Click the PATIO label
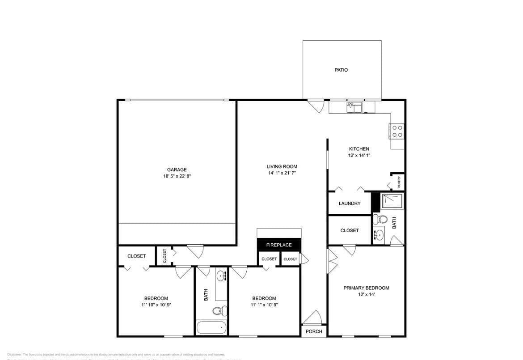point(341,70)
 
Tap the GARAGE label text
point(177,169)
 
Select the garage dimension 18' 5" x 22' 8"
point(177,176)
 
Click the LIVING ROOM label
point(282,166)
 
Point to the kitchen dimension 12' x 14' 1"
point(359,155)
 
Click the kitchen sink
point(354,107)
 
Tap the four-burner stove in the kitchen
point(397,131)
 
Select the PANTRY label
point(399,182)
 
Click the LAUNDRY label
point(350,203)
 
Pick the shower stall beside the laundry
point(392,201)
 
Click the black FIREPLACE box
point(279,245)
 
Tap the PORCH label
point(314,331)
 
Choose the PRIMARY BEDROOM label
point(366,288)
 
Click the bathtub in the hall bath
point(211,328)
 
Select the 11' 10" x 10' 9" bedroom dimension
point(156,305)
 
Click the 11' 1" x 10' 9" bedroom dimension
point(264,305)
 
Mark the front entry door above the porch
point(312,318)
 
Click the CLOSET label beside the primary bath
point(350,230)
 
